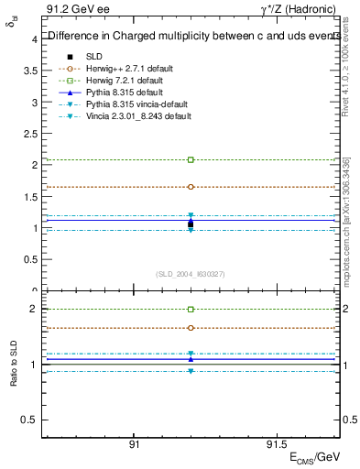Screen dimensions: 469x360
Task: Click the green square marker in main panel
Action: point(191,159)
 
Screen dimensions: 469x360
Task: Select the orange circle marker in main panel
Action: point(191,187)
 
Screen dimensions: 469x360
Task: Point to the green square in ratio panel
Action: point(191,310)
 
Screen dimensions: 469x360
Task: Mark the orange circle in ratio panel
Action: point(191,327)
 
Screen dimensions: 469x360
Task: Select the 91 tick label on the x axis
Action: point(134,444)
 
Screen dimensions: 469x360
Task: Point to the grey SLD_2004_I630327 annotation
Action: point(191,274)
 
